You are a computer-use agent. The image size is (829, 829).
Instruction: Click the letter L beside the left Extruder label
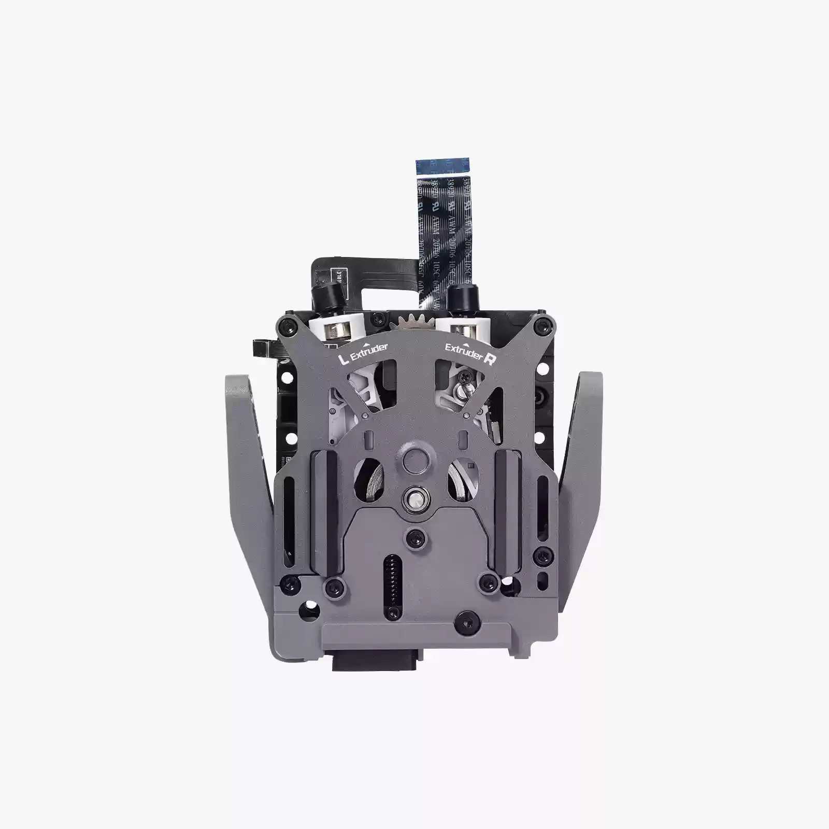point(341,359)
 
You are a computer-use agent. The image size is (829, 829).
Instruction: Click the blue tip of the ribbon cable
point(443,167)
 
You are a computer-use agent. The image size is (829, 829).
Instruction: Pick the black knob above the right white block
point(459,297)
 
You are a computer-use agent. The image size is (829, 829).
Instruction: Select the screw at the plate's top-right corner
point(542,325)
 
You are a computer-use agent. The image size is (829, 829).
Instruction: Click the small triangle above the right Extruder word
point(465,344)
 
